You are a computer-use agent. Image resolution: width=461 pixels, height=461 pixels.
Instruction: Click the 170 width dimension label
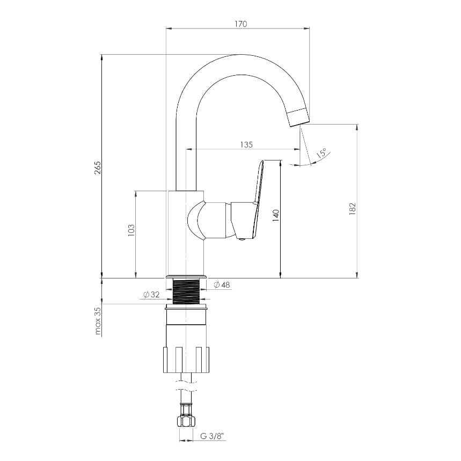click(241, 24)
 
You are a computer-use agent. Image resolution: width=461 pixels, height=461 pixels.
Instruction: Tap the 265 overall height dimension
click(98, 167)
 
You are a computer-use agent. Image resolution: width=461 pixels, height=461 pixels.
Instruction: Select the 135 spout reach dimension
click(246, 145)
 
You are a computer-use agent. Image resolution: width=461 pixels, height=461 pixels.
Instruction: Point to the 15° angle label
click(321, 153)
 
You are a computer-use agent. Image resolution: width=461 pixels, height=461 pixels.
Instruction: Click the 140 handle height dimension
click(276, 216)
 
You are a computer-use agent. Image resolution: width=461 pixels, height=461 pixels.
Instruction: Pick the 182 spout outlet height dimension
click(353, 209)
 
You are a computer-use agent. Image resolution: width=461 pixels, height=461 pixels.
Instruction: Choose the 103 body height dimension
click(131, 230)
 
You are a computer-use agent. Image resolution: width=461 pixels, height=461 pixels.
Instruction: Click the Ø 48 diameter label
click(222, 284)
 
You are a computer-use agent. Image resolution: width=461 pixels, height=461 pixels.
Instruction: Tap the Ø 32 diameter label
click(151, 294)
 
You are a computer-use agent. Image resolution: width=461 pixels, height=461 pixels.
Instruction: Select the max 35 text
click(98, 321)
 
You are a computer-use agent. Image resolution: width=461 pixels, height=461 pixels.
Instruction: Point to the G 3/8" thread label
click(213, 436)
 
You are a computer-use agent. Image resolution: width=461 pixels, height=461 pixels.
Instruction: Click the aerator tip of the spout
click(299, 118)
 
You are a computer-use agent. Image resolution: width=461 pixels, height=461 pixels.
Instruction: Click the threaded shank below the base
click(186, 291)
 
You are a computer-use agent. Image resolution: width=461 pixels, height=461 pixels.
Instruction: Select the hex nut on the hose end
click(186, 421)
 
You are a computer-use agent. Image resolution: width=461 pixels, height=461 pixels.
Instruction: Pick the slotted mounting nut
click(186, 360)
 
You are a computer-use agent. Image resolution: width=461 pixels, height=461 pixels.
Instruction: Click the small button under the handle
click(243, 239)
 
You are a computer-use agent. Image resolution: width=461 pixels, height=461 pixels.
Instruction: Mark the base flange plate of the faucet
click(186, 277)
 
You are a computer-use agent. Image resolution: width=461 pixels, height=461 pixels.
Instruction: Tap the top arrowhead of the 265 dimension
click(102, 58)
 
